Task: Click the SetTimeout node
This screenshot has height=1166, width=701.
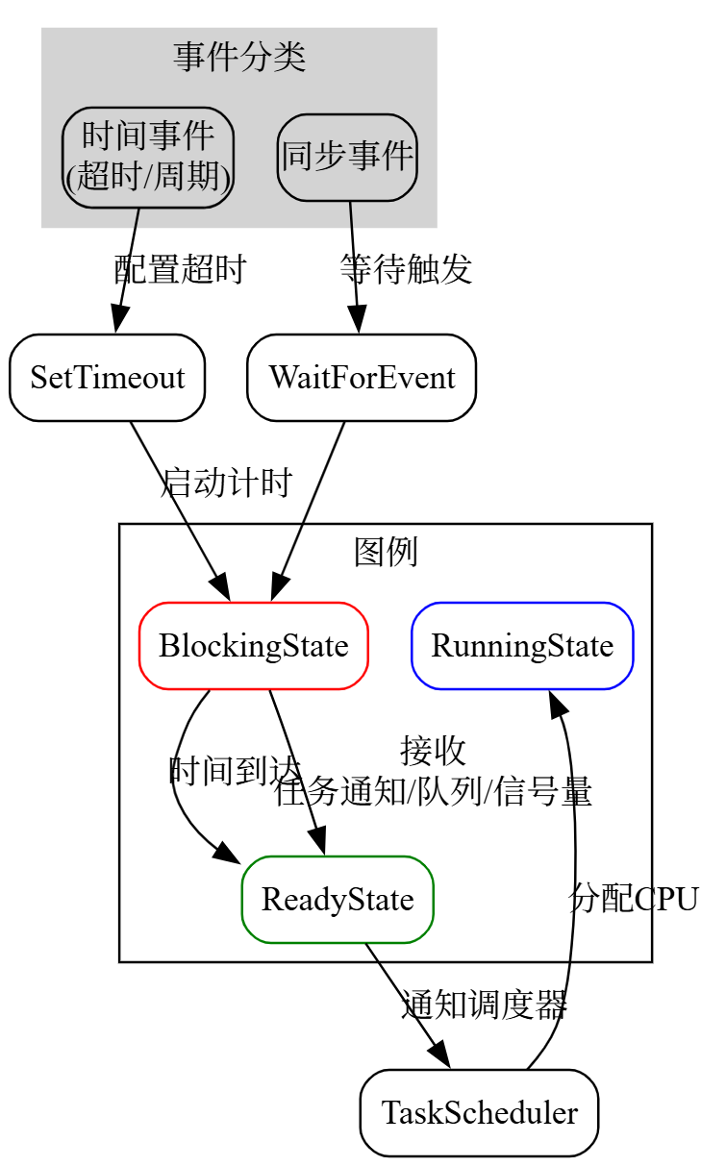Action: click(107, 378)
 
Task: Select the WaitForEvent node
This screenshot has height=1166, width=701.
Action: click(362, 378)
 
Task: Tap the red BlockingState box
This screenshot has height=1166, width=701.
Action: click(254, 646)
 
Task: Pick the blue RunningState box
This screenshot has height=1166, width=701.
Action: click(522, 646)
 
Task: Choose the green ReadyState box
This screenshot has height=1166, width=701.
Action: click(338, 900)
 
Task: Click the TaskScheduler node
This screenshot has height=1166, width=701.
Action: click(479, 1113)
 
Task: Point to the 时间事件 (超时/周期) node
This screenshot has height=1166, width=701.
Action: click(148, 157)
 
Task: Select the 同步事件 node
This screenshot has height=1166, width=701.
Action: click(347, 157)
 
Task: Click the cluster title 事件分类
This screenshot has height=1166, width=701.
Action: click(239, 58)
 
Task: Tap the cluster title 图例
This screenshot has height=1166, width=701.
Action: click(386, 553)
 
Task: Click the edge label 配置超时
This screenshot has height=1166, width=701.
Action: click(180, 270)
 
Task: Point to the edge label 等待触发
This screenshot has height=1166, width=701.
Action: click(406, 270)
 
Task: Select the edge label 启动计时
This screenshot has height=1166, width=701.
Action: click(226, 483)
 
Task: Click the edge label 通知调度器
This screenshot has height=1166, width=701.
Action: click(484, 1005)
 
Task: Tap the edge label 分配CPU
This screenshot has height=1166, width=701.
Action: click(634, 899)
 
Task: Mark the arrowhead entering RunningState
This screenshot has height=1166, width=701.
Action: click(559, 702)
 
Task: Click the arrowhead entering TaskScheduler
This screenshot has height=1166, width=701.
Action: click(439, 1056)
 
